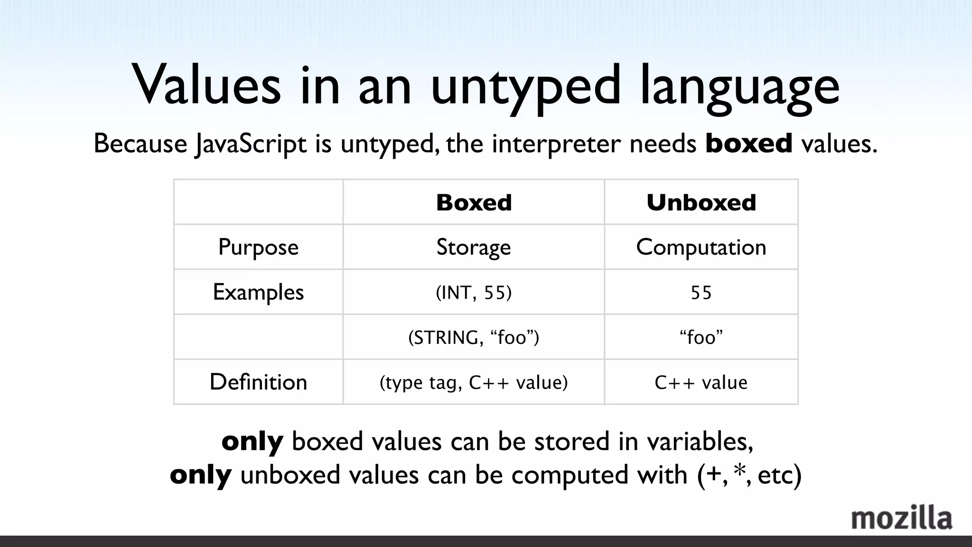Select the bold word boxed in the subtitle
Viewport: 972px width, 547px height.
(x=749, y=143)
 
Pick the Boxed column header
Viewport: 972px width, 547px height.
(x=474, y=203)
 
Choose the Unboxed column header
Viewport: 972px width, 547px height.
(x=701, y=203)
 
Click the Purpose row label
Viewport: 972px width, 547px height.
(x=258, y=247)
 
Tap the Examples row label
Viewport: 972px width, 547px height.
(x=258, y=292)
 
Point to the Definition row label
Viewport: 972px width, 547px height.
(x=258, y=382)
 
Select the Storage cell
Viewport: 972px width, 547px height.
(x=474, y=247)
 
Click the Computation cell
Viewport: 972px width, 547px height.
(x=701, y=247)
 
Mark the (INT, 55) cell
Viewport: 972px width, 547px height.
(x=474, y=292)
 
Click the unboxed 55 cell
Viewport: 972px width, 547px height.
(x=701, y=292)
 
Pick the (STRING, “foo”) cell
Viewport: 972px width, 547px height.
(x=474, y=338)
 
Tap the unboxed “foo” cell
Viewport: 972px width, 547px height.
(x=701, y=338)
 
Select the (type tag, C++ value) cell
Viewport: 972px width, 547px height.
(x=474, y=382)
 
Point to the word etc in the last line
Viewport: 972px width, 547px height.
(x=775, y=475)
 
